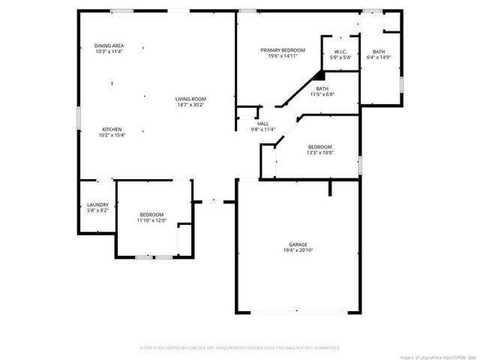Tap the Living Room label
tap(190, 99)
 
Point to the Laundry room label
tap(97, 205)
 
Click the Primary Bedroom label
tap(283, 50)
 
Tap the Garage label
tap(298, 245)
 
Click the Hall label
tap(262, 124)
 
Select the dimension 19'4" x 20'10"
tap(298, 251)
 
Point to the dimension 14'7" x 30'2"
tap(190, 105)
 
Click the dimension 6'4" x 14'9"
tap(379, 57)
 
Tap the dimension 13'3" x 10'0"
tap(319, 152)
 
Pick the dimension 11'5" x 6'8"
tap(322, 94)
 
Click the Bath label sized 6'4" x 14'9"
tap(379, 51)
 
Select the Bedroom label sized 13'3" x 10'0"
tap(319, 146)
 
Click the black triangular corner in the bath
tap(319, 75)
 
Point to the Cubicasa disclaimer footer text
tap(239, 348)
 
